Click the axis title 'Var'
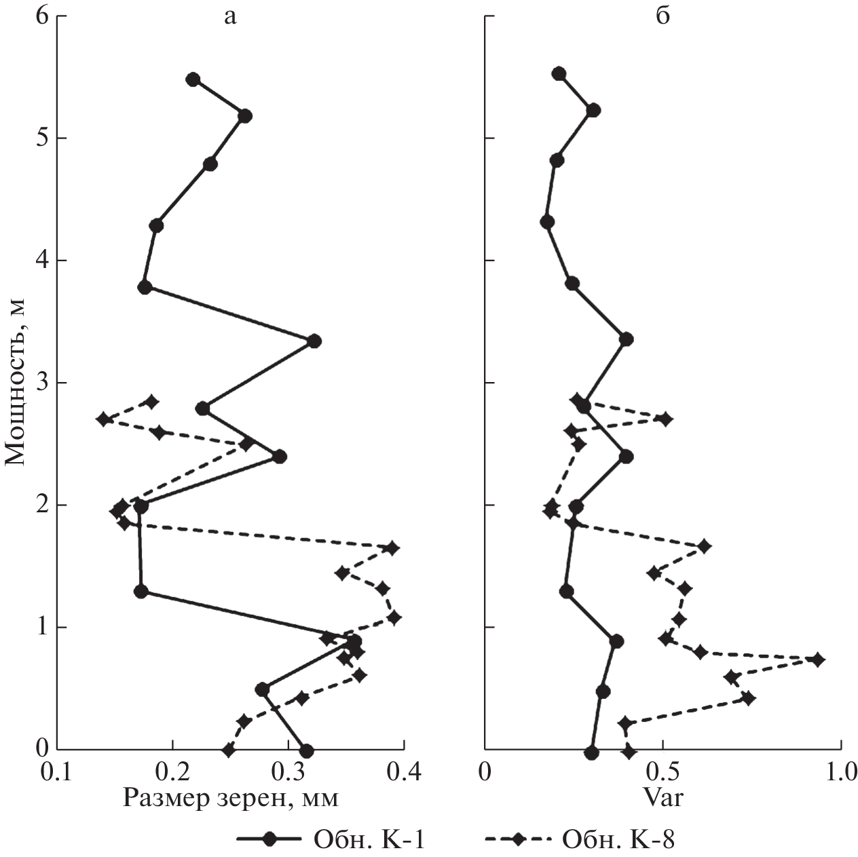663,798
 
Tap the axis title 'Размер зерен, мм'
230,799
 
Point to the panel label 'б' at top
663,15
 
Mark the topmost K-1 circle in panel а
193,79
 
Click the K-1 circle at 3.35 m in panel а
314,341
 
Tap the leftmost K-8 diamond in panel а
104,419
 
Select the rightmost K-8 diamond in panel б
818,660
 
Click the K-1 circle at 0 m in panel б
592,753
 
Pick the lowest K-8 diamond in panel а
229,750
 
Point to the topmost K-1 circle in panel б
559,73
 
